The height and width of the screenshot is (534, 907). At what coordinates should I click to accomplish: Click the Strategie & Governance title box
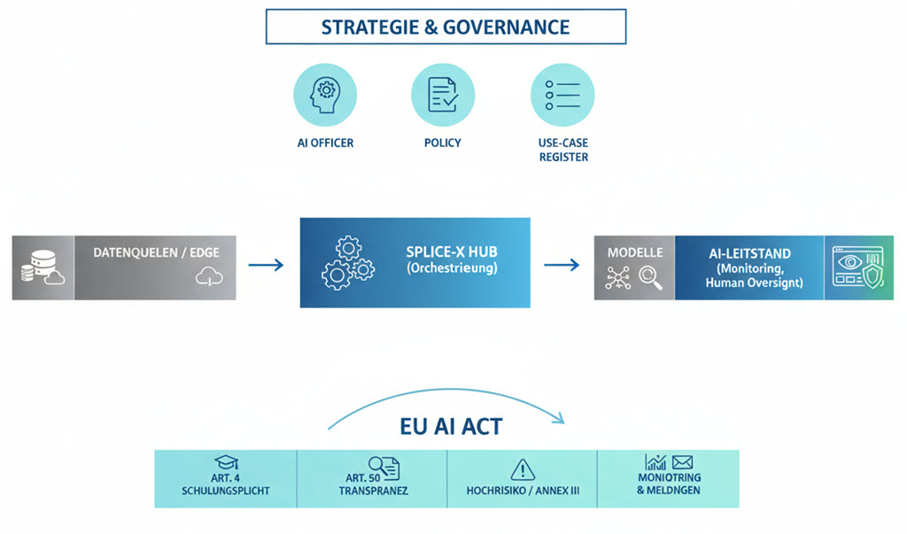446,26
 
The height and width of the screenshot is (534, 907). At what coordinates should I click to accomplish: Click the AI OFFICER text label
325,143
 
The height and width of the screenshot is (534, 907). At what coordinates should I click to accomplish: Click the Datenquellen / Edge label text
156,252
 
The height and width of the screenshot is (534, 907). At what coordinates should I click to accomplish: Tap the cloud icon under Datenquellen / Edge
205,277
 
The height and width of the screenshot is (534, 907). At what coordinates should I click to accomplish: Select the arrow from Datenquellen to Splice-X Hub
265,264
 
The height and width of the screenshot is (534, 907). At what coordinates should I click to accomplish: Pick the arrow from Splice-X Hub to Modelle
561,264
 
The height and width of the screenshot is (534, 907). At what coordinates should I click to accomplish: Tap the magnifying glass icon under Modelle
650,278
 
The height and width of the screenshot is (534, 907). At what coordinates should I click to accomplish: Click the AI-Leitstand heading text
749,253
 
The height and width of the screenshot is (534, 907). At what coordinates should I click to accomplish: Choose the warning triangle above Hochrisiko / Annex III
523,468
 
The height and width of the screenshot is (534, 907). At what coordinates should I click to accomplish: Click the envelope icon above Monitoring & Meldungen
682,462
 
